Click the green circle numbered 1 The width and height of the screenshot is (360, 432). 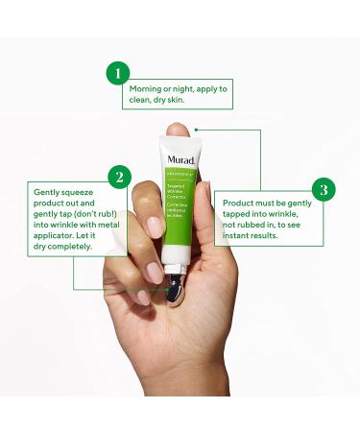[117, 73]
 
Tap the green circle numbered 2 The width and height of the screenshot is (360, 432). [118, 177]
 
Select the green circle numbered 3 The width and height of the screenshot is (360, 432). [324, 188]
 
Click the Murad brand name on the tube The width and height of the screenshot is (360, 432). [180, 160]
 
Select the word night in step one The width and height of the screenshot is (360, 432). [181, 88]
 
